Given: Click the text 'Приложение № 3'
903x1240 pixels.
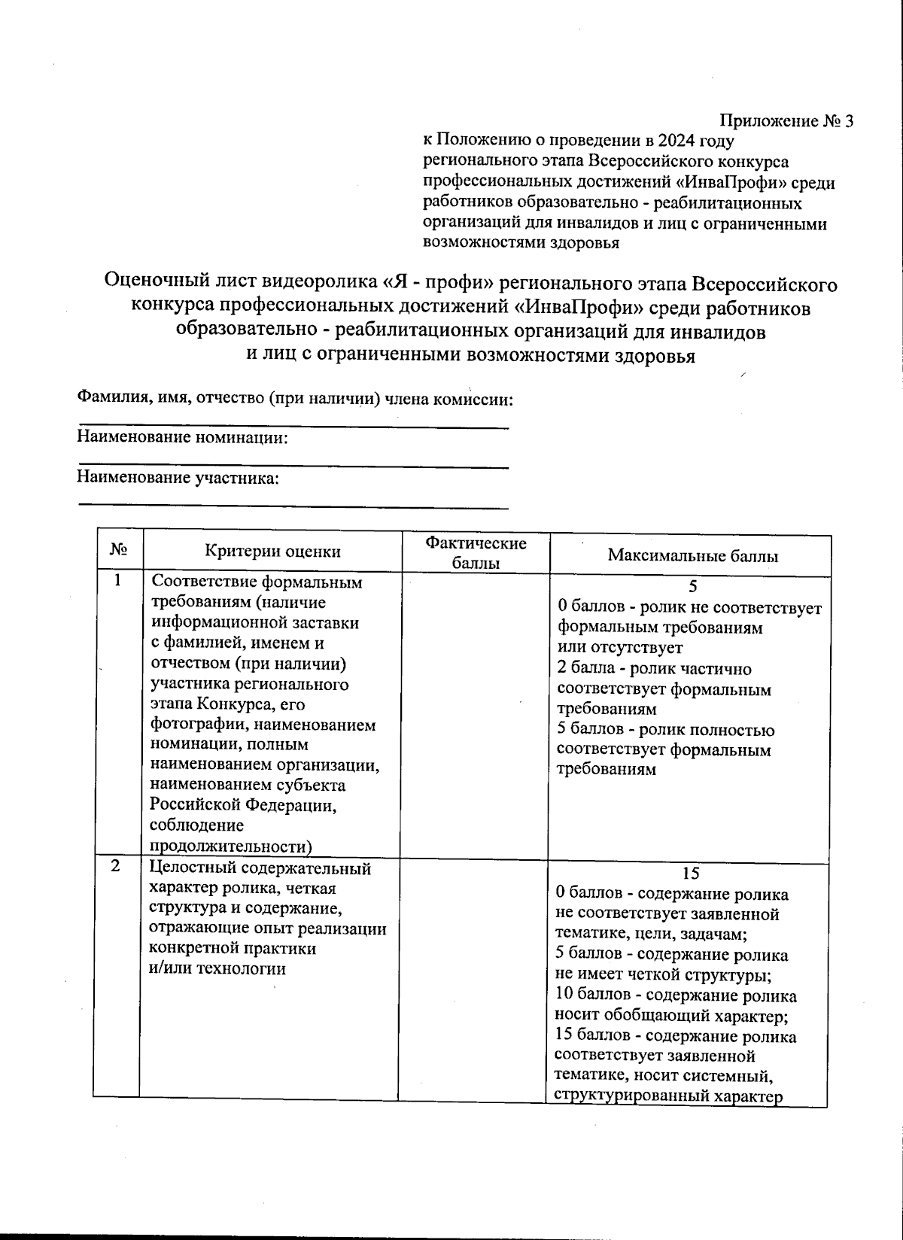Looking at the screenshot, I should coord(786,121).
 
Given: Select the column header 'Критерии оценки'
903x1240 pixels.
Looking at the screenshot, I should coord(272,552).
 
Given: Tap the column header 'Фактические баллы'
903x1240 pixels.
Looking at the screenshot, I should coord(476,553).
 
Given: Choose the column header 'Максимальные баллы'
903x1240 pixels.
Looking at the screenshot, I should coord(692,556).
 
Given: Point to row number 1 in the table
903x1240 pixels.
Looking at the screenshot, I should coord(117,581).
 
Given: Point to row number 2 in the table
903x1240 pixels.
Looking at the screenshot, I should coord(115,866).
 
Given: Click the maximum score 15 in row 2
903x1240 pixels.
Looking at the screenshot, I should coord(690,874).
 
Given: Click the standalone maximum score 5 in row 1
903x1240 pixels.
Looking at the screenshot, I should coord(693,587).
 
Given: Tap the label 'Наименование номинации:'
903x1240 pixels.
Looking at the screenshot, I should coord(183,438).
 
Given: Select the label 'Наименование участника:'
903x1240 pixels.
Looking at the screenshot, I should coord(178,478).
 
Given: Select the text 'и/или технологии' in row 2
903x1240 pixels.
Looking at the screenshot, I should coord(217,968).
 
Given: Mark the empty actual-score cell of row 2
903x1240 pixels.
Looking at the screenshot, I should coord(474,978).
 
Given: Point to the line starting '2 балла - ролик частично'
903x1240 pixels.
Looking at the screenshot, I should coord(654,669).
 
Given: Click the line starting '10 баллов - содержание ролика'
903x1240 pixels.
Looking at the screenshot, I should coord(676,996).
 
